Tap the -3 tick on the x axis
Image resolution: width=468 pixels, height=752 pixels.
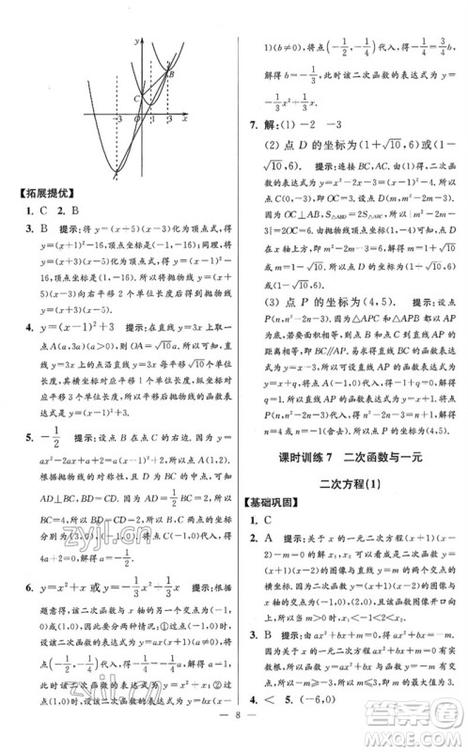click(x=117, y=121)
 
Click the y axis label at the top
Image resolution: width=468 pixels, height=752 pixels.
click(x=137, y=40)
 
